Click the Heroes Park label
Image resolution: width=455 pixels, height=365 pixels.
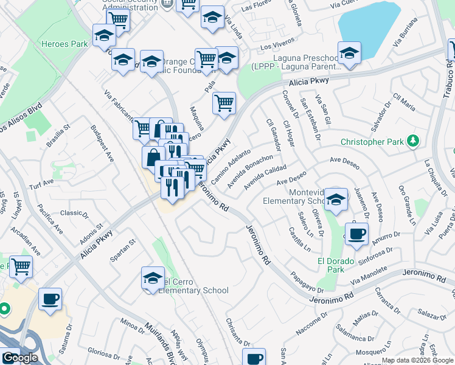[x=61, y=44]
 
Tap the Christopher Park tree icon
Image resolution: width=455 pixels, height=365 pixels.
[x=414, y=141]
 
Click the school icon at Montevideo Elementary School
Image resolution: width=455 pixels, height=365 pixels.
[x=335, y=199]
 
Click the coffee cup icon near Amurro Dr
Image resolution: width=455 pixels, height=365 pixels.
[x=356, y=232]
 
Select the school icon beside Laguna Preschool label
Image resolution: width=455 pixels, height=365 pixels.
[x=349, y=53]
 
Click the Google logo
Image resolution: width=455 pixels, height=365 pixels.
[x=19, y=358]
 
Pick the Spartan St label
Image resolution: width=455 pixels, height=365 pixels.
[x=122, y=250]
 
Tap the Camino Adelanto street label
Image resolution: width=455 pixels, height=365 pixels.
[x=231, y=167]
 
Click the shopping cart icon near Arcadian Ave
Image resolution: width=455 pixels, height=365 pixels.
[x=21, y=265]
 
